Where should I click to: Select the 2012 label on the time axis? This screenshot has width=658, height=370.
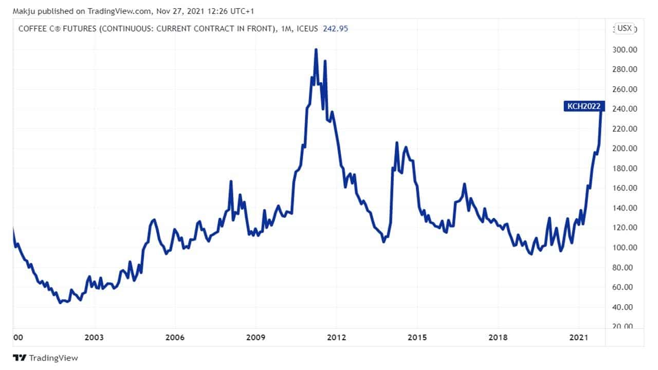pos(336,338)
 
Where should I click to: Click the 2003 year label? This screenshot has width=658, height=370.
pos(94,338)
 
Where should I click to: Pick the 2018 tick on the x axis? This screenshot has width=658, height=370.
pos(498,338)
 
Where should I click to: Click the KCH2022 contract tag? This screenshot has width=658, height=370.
pos(584,107)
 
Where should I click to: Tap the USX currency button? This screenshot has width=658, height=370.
pos(625,28)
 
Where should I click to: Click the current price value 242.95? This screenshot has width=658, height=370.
pos(335,29)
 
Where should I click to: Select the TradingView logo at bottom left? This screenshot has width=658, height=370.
pos(45,358)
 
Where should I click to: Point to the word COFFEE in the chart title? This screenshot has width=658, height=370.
pos(32,29)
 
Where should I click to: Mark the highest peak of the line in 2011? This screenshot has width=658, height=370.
pos(316,50)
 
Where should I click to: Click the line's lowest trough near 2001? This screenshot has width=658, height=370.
pos(60,303)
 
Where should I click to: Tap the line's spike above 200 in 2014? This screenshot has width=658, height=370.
pos(396,142)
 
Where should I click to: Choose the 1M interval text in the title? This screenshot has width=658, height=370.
pos(287,29)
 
